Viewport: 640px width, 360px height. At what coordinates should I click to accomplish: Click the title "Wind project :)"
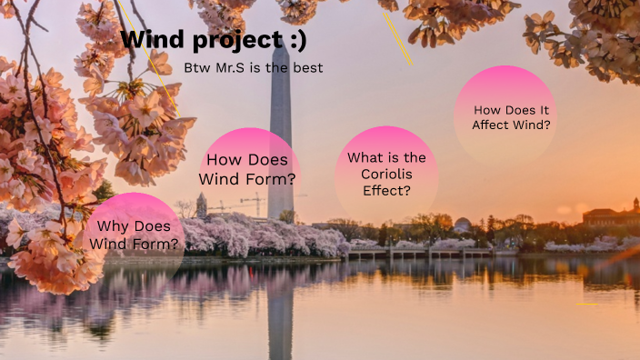click(214, 41)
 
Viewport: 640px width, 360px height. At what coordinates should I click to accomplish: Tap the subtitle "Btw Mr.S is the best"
click(254, 68)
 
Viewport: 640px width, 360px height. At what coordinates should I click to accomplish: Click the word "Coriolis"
click(386, 175)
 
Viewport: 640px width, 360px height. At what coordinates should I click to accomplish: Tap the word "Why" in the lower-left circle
click(114, 226)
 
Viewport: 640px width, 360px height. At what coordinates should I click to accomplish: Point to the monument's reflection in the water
click(281, 309)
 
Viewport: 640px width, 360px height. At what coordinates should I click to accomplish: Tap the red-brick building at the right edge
click(610, 217)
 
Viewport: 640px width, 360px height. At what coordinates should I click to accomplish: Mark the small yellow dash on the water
click(586, 304)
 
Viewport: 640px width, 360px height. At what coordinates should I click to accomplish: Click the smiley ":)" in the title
click(295, 41)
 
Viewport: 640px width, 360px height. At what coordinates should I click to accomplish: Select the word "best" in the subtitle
click(308, 68)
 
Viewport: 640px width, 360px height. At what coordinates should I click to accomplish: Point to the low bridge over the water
click(418, 253)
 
